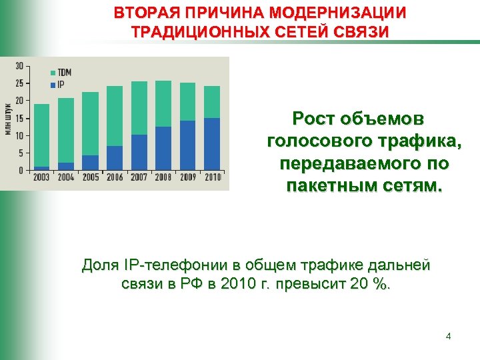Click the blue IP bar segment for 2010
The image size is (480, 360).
(212, 143)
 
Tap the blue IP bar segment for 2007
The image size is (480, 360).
(139, 152)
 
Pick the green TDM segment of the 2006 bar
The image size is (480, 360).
(115, 116)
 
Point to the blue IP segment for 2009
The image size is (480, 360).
(188, 145)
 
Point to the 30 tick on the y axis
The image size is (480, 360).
(19, 65)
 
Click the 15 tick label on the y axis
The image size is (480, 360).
(19, 118)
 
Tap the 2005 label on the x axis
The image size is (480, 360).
(90, 177)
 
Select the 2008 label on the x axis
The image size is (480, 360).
(163, 177)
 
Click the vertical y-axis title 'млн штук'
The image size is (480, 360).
(8, 117)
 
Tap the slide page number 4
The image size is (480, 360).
(448, 336)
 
